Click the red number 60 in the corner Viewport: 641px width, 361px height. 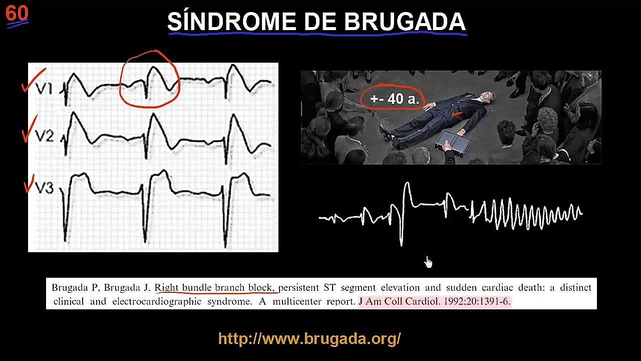tap(17, 14)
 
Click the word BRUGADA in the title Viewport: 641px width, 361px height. tap(405, 22)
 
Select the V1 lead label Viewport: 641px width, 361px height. tap(44, 89)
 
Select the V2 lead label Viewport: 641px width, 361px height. tap(44, 136)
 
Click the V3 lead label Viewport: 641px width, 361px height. tap(44, 188)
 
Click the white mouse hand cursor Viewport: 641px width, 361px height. tap(428, 262)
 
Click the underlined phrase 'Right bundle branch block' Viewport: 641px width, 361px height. tap(215, 288)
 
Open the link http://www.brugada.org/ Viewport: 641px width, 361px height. tap(309, 338)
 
